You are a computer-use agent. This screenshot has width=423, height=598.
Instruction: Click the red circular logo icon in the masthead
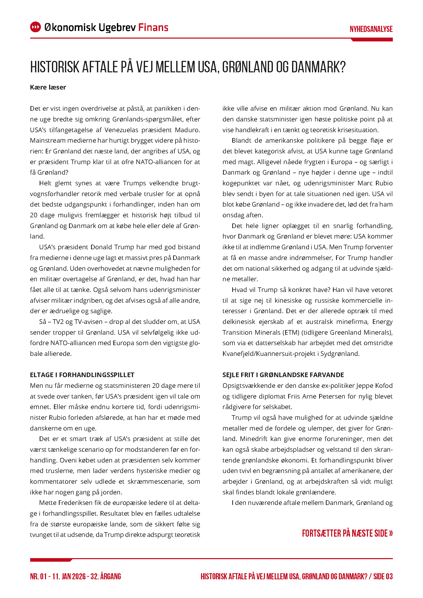(x=36, y=27)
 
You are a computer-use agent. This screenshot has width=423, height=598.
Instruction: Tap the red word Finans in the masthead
(x=153, y=27)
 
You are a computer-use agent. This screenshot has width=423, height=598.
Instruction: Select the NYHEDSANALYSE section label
(x=371, y=29)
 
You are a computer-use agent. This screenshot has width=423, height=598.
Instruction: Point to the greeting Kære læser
(x=48, y=87)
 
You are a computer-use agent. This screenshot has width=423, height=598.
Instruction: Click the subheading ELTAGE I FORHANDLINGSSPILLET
(x=82, y=375)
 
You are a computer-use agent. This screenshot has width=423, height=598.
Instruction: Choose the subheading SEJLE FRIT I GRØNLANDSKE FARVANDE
(x=283, y=375)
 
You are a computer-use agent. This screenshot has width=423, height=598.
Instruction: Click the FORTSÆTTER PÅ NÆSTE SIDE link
(x=347, y=533)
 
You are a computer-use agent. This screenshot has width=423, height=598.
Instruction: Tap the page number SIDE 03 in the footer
(x=383, y=576)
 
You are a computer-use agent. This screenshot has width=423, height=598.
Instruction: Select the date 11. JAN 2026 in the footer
(x=69, y=576)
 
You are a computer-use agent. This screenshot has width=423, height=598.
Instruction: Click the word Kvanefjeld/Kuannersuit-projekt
(x=269, y=354)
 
